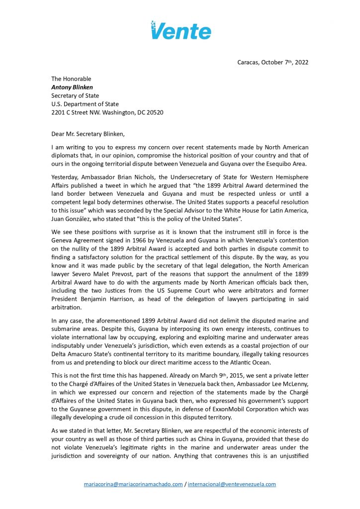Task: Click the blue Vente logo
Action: point(181,30)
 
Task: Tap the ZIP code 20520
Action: point(154,112)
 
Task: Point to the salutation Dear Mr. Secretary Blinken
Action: point(92,133)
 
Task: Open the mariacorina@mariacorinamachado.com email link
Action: point(133,484)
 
